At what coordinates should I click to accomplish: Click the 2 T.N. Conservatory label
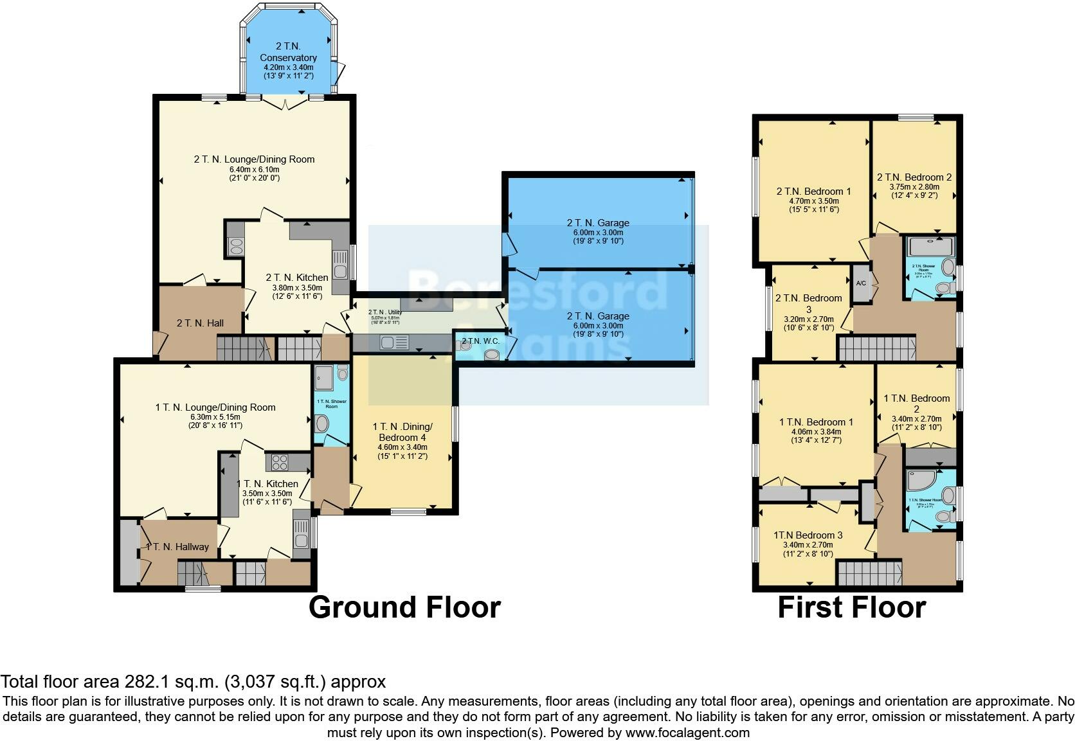pyautogui.click(x=288, y=52)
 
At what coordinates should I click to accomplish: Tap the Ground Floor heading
pyautogui.click(x=404, y=607)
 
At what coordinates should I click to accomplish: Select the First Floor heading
pyautogui.click(x=851, y=607)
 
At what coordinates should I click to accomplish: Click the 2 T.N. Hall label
pyautogui.click(x=200, y=323)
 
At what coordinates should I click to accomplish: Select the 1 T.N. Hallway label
pyautogui.click(x=177, y=547)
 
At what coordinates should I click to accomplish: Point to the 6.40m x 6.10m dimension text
pyautogui.click(x=254, y=170)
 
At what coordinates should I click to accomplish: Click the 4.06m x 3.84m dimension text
pyautogui.click(x=815, y=432)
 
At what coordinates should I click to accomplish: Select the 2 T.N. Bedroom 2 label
pyautogui.click(x=914, y=177)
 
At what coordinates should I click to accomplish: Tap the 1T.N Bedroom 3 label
pyautogui.click(x=808, y=535)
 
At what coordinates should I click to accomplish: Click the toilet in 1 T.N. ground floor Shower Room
pyautogui.click(x=322, y=423)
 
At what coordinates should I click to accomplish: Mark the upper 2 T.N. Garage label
pyautogui.click(x=598, y=223)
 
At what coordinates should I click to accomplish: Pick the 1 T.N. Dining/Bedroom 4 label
pyautogui.click(x=402, y=432)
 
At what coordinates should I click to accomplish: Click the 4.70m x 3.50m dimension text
pyautogui.click(x=813, y=201)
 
